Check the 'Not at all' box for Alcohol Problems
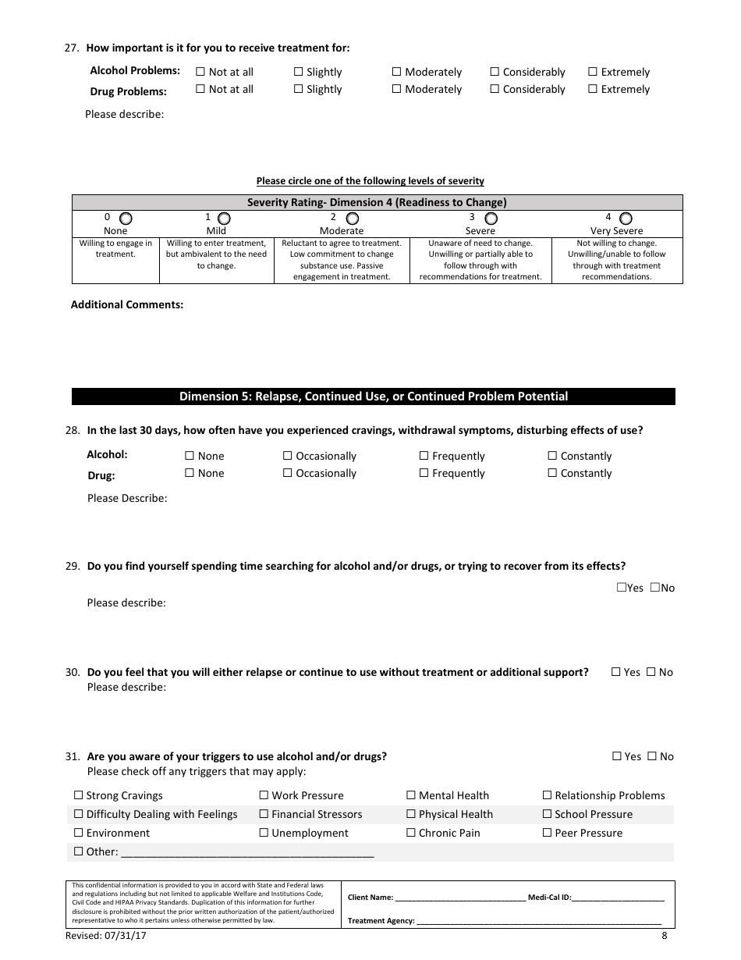(200, 72)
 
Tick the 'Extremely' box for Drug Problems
(593, 89)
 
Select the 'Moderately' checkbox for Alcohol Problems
(397, 72)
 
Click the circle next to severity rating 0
(126, 219)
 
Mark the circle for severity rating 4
(626, 219)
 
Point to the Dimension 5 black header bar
(373, 396)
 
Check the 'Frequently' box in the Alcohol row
(424, 456)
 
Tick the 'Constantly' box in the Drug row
(552, 473)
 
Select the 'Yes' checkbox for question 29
(621, 588)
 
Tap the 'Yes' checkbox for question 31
(616, 756)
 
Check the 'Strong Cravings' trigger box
(78, 795)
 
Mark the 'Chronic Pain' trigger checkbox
(410, 833)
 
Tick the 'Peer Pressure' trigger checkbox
(547, 833)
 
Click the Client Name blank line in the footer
(460, 898)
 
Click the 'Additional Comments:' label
(127, 304)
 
